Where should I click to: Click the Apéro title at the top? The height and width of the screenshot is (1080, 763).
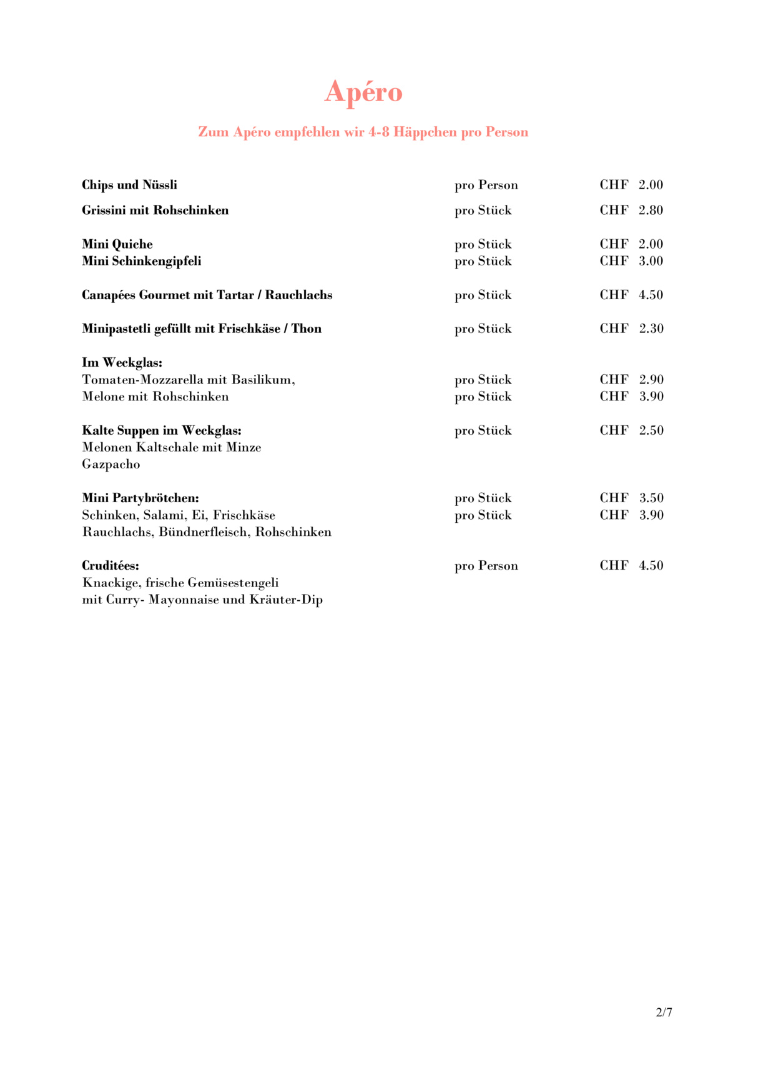coord(363,92)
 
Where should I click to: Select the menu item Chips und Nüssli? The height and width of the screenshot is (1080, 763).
coord(129,185)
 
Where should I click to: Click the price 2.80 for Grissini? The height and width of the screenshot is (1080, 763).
coord(651,211)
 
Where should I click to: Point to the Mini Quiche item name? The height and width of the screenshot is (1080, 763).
coord(117,244)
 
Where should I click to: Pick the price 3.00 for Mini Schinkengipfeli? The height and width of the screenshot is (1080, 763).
coord(651,261)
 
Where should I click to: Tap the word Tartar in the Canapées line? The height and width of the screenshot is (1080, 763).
coord(235,295)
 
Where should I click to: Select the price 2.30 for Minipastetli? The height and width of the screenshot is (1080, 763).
coord(651,329)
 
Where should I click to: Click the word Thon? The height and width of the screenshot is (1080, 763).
coord(307,329)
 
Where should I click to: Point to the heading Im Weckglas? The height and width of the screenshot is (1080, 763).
coord(122,363)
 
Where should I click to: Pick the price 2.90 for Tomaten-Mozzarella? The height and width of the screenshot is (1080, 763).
coord(651,380)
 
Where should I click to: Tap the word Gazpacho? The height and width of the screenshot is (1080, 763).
coord(111,465)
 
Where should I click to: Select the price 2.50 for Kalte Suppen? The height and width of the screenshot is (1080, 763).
coord(651,430)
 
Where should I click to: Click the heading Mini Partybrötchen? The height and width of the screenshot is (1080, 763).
coord(140,498)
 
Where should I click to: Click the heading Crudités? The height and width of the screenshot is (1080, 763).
coord(111,566)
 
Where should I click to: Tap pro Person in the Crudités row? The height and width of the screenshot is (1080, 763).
coord(486,566)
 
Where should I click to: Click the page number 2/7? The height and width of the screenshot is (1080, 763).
coord(664,1013)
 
